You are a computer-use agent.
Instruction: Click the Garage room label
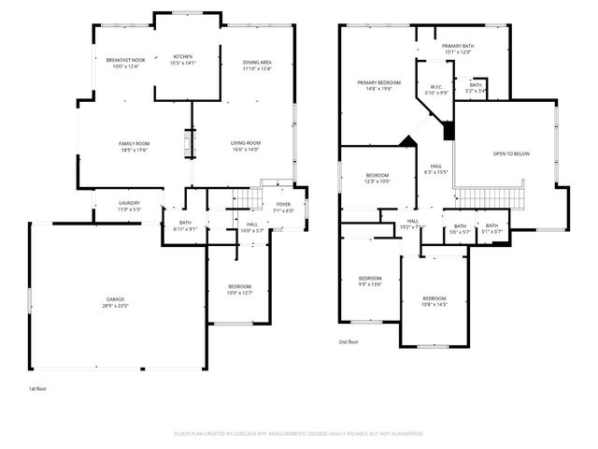point(115,300)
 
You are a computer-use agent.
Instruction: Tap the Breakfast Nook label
point(124,60)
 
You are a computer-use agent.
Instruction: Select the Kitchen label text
point(183,57)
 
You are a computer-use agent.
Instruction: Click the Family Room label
point(135,143)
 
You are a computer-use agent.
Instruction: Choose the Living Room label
point(246,143)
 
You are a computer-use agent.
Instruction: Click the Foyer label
point(282,204)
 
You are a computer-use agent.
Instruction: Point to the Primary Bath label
point(458,46)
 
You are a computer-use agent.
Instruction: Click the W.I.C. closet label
point(436,87)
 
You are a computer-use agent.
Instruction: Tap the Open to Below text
point(511,153)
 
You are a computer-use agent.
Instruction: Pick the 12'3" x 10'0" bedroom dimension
point(377,181)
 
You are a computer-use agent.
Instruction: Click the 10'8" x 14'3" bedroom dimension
point(435,304)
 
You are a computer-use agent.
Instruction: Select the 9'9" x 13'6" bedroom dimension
point(371,284)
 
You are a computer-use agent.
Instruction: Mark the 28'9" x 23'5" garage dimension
point(115,306)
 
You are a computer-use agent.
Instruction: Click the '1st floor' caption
point(37,387)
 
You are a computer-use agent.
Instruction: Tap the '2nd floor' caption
point(349,342)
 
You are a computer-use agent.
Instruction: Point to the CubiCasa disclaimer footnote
point(299,433)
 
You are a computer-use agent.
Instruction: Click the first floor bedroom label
point(240,286)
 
